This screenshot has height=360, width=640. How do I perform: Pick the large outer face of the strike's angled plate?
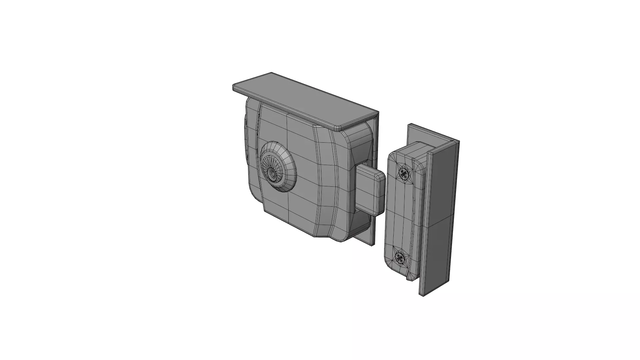coord(442,217)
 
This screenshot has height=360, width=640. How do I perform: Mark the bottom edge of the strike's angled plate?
coord(437,288)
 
